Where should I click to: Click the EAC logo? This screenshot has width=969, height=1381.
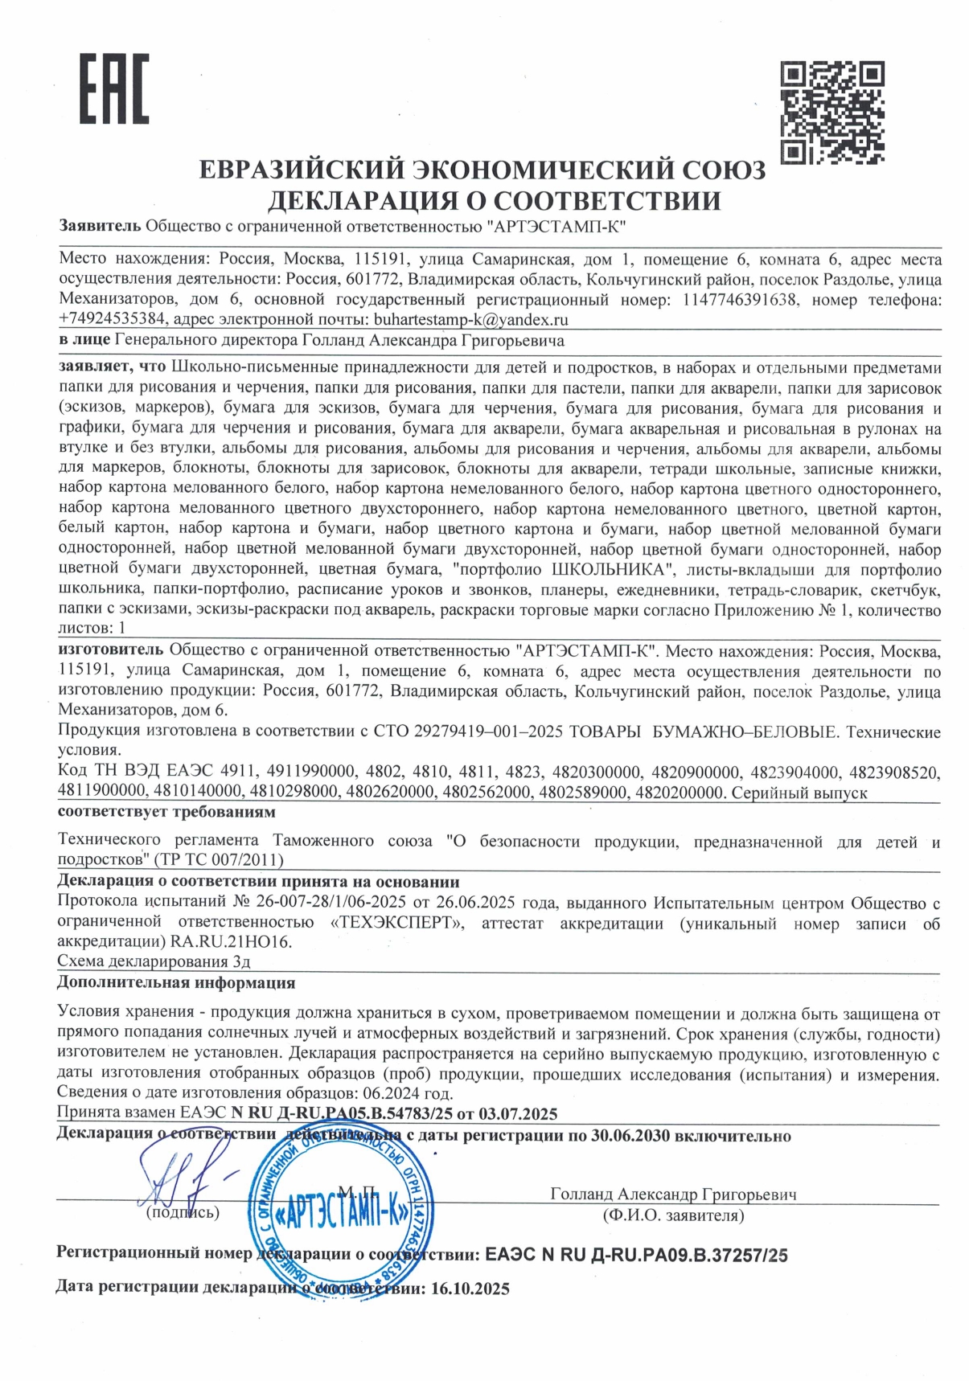(113, 88)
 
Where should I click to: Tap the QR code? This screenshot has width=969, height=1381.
(832, 112)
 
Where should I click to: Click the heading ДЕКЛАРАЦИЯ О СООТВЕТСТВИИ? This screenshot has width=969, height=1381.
(494, 200)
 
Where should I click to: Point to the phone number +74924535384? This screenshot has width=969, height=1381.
(113, 319)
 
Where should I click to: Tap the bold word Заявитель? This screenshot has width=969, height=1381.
(100, 226)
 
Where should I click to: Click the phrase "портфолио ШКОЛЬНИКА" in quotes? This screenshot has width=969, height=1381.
(563, 570)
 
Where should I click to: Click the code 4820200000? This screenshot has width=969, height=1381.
(678, 793)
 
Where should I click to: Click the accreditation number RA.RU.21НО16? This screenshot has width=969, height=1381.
(232, 941)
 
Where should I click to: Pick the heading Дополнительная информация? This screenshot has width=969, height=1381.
(176, 982)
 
